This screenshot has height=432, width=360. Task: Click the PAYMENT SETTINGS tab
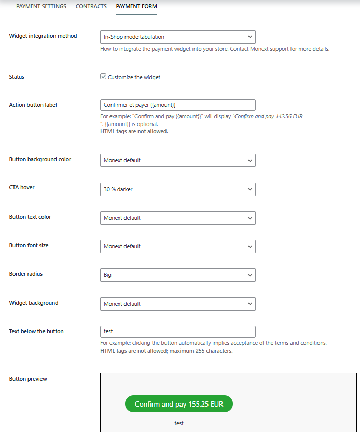[41, 7]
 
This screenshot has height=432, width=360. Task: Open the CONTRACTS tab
[91, 7]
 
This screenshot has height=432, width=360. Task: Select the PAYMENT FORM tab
[136, 7]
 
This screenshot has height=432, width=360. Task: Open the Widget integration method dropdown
[177, 37]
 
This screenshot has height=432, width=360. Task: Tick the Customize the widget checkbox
[103, 77]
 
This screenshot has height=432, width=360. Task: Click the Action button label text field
[177, 105]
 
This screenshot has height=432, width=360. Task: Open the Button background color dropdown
[177, 160]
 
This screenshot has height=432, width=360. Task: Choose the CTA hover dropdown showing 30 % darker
[177, 189]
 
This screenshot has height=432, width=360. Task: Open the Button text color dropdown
[177, 218]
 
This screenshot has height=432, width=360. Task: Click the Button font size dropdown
[177, 246]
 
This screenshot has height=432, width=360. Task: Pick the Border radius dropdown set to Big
[177, 275]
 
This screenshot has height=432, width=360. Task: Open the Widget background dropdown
[177, 304]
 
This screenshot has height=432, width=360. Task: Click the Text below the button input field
[177, 331]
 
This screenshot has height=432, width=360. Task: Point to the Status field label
[17, 77]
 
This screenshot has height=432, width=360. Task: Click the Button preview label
[28, 379]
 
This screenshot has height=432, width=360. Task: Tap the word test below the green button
[179, 423]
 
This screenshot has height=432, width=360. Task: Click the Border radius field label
[26, 274]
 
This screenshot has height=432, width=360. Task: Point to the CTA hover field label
[22, 187]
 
